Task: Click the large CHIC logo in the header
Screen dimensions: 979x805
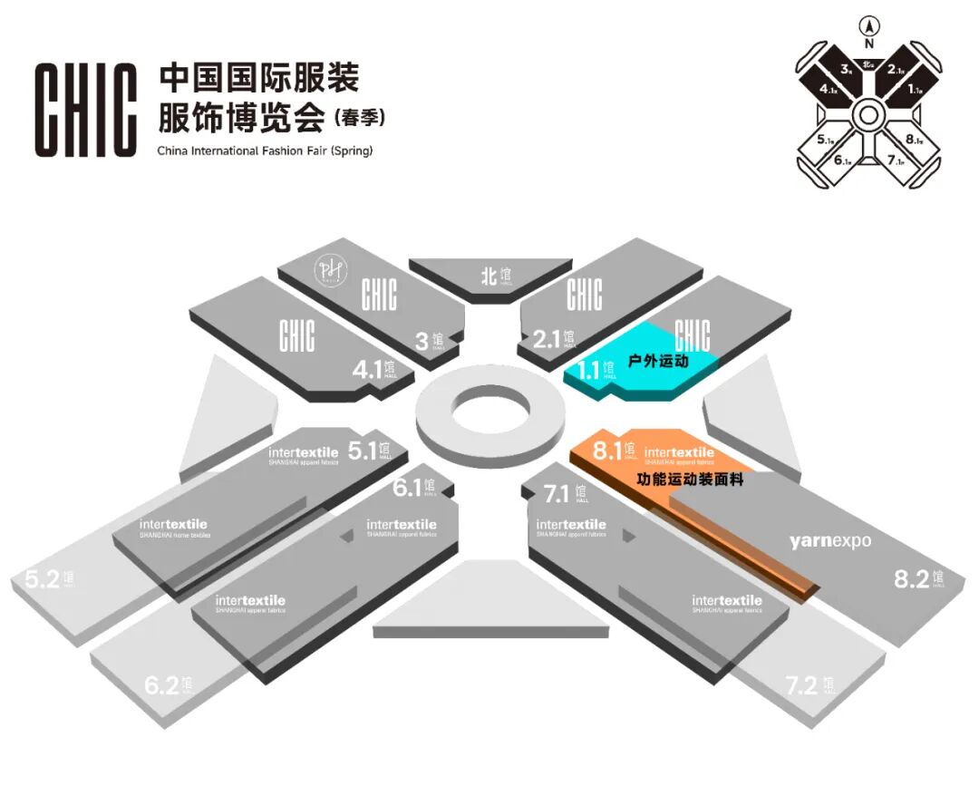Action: pyautogui.click(x=86, y=111)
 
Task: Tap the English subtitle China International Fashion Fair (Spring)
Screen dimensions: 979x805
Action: pyautogui.click(x=265, y=150)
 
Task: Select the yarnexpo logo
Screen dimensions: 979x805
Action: pyautogui.click(x=829, y=541)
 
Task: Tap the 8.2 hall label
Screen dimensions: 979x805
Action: pyautogui.click(x=918, y=578)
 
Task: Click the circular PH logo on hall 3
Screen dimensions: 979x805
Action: pyautogui.click(x=325, y=270)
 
